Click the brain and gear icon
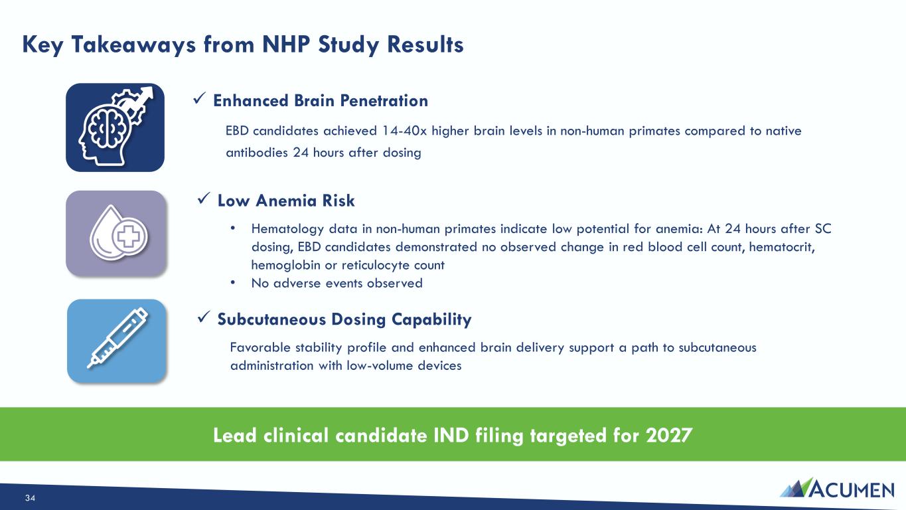coord(115,127)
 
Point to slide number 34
coord(31,498)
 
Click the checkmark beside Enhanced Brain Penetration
coord(200,98)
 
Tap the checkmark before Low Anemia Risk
coord(204,199)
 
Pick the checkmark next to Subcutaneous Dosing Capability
coord(204,317)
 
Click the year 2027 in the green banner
coord(669,436)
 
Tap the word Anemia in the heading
coord(285,201)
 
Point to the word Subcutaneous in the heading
coord(271,319)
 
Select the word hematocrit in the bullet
coord(782,247)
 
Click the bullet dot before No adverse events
coord(232,282)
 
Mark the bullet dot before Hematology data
coord(232,228)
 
